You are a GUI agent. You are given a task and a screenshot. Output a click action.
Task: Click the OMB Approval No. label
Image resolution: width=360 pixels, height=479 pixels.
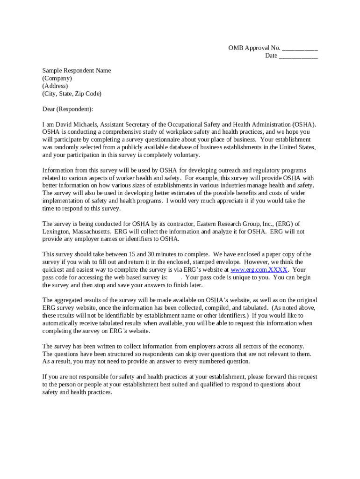(x=254, y=48)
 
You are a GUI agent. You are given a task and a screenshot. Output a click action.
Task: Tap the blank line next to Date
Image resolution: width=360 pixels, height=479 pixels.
(x=298, y=56)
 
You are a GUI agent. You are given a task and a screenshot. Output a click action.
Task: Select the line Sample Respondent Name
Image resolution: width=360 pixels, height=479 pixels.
(x=77, y=71)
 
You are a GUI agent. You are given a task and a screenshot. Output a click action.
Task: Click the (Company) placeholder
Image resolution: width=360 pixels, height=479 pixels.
(x=57, y=79)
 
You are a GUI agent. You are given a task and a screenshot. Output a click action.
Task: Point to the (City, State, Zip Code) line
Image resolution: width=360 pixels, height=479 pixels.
(x=72, y=94)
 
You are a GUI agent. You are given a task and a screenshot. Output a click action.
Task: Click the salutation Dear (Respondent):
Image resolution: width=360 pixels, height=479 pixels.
(x=68, y=109)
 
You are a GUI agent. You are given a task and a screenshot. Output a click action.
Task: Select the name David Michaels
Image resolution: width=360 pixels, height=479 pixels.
(x=76, y=124)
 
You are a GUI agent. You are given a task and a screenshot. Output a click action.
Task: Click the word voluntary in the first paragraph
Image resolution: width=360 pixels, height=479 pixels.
(x=186, y=155)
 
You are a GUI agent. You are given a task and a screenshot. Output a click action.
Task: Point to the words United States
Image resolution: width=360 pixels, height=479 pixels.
(x=297, y=147)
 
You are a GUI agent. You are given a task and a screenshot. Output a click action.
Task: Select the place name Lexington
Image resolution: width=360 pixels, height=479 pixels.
(x=57, y=231)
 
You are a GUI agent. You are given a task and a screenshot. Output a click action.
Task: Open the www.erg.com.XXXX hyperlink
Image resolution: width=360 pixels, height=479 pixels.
(x=259, y=270)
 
